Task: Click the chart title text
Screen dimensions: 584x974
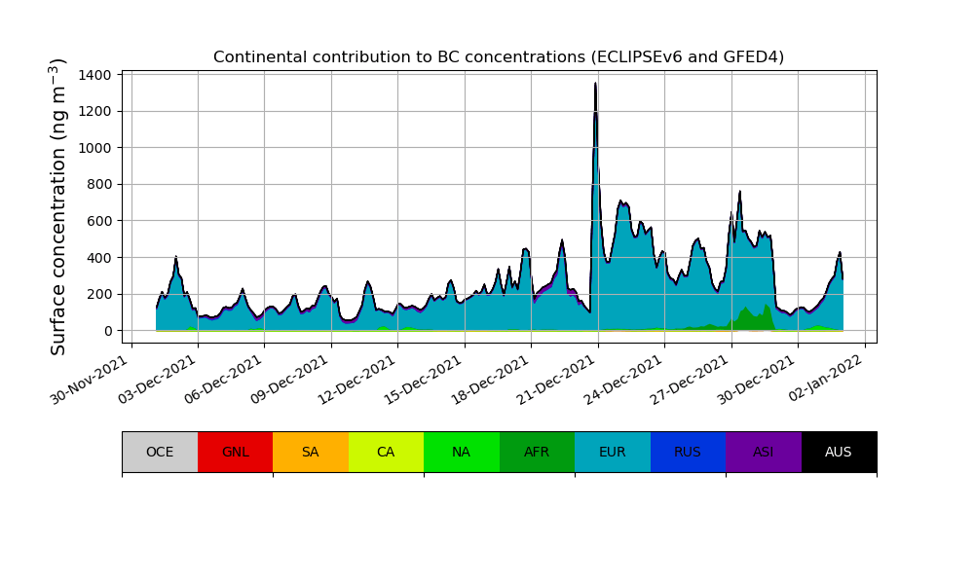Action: [x=499, y=56]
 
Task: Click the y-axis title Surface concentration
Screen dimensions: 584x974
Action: [x=58, y=206]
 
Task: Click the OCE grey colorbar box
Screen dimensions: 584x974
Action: [x=160, y=452]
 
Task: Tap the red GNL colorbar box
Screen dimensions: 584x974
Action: [x=235, y=452]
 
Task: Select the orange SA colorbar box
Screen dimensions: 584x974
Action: [x=311, y=452]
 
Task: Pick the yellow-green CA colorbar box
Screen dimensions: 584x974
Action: [x=386, y=452]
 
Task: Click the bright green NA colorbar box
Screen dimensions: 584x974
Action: [x=462, y=452]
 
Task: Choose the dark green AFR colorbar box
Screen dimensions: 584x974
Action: [x=537, y=452]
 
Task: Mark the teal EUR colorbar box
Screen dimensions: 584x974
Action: [x=613, y=452]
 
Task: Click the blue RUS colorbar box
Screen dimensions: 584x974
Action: [x=688, y=452]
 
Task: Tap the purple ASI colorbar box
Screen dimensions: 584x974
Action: [x=764, y=452]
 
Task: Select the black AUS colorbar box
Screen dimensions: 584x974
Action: [x=839, y=452]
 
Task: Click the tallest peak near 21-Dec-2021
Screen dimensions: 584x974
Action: [x=596, y=86]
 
